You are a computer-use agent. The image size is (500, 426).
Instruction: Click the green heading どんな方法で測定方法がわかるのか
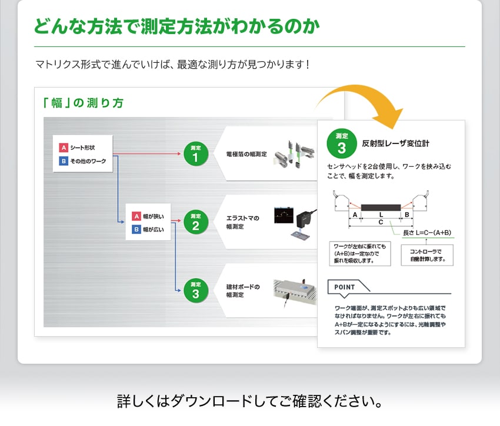point(176,27)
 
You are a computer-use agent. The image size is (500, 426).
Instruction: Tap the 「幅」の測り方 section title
point(83,103)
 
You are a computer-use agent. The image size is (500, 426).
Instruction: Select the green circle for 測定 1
point(195,154)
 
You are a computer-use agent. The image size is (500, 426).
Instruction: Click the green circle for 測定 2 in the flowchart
point(195,222)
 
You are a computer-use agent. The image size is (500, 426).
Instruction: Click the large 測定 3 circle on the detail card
point(342,143)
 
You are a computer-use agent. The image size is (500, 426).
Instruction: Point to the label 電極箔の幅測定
point(246,154)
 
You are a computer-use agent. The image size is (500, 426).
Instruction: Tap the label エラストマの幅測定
point(243,222)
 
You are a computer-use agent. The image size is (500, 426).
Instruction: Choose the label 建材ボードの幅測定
point(243,291)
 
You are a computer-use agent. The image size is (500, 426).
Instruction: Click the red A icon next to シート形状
point(64,147)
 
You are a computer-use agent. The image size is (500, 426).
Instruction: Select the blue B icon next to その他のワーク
point(64,160)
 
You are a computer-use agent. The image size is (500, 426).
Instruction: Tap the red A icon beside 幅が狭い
point(136,216)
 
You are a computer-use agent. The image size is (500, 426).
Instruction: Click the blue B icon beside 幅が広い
point(136,229)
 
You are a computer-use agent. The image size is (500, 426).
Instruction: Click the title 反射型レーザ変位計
point(395,143)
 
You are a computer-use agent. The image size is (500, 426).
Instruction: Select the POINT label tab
point(345,287)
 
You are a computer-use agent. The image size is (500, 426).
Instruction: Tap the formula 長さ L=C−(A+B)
point(426,233)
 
